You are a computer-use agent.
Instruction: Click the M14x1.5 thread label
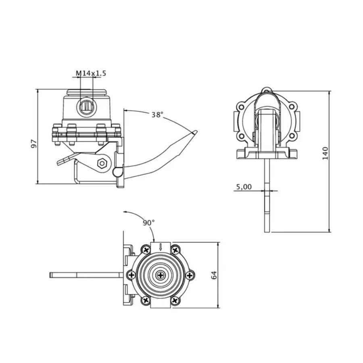pos(91,73)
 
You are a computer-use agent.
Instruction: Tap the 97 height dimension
pos(34,144)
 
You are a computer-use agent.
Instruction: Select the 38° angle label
pos(157,115)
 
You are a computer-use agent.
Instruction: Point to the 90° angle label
pos(148,223)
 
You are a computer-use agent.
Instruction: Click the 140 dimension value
pos(325,153)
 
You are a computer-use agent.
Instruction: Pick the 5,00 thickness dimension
pos(244,187)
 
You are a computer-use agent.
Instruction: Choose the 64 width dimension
pos(214,275)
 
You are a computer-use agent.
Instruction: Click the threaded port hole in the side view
pos(86,107)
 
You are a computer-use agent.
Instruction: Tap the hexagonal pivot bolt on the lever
pos(102,163)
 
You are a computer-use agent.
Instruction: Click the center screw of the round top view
pos(161,275)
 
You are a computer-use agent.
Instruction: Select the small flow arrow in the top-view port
pos(161,247)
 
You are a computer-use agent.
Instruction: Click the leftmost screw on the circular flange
pos(131,275)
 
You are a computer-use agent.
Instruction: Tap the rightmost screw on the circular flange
pos(190,275)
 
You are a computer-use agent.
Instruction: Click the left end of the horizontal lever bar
pos(50,275)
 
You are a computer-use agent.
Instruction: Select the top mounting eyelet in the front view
pos(267,90)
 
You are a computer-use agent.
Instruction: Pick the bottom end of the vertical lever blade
pos(267,232)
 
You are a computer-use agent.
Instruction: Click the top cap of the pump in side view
pos(87,92)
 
